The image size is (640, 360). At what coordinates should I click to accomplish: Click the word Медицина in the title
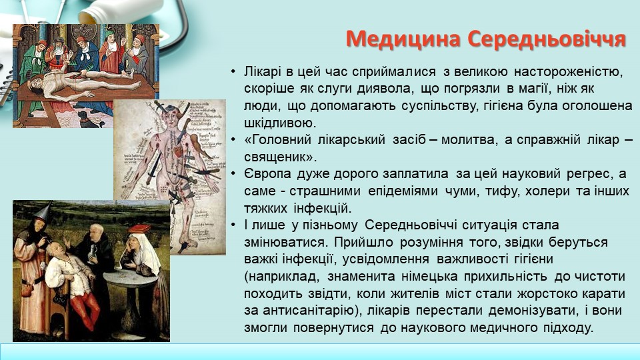[403, 39]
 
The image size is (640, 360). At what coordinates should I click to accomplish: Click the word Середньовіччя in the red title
[547, 39]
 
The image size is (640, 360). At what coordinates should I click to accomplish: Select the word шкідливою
[281, 123]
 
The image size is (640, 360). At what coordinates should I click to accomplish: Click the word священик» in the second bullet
[281, 157]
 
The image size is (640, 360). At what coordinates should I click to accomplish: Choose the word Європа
[268, 174]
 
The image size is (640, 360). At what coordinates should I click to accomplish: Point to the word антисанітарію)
[303, 311]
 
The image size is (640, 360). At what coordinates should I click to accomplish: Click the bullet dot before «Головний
[233, 140]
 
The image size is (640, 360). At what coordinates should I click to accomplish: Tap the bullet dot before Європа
[233, 174]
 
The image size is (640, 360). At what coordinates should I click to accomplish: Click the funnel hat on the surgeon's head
[43, 211]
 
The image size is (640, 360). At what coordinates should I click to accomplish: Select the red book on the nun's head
[139, 228]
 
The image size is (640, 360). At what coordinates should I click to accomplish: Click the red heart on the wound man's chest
[177, 153]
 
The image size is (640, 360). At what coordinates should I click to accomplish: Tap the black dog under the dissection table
[87, 119]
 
